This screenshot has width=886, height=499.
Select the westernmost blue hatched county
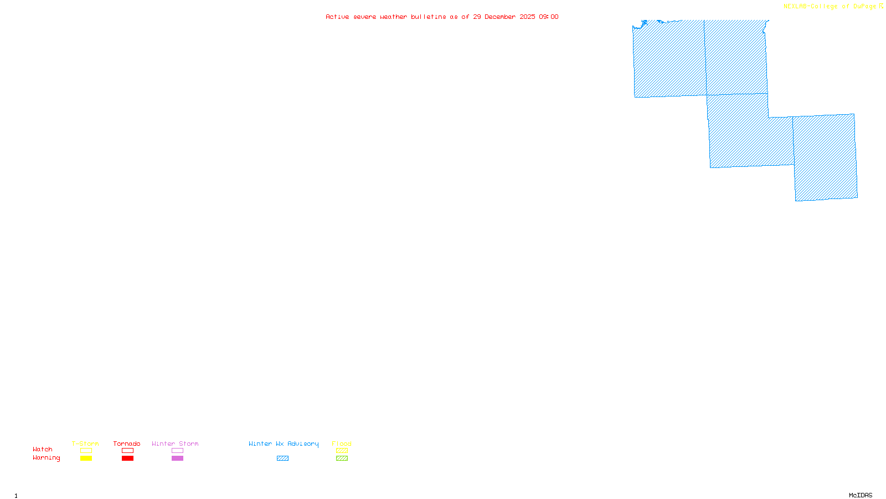click(669, 58)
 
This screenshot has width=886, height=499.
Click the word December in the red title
click(500, 17)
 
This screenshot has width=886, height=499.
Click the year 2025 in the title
click(528, 17)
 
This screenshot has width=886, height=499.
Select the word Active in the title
click(337, 17)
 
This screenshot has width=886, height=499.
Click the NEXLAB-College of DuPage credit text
click(830, 6)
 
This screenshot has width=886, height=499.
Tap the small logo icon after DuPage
click(882, 6)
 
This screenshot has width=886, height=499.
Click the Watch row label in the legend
click(43, 449)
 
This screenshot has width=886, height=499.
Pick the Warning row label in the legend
click(46, 458)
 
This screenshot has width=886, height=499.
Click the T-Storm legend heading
click(85, 444)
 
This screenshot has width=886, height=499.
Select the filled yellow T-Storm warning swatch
click(86, 459)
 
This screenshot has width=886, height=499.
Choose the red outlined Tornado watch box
click(128, 451)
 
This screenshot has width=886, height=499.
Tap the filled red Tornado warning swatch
click(128, 459)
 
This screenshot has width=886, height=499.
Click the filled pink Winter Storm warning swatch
click(177, 459)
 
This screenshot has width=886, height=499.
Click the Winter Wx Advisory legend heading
click(284, 444)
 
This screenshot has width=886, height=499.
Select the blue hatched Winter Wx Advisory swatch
click(282, 459)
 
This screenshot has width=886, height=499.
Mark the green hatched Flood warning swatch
click(342, 459)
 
